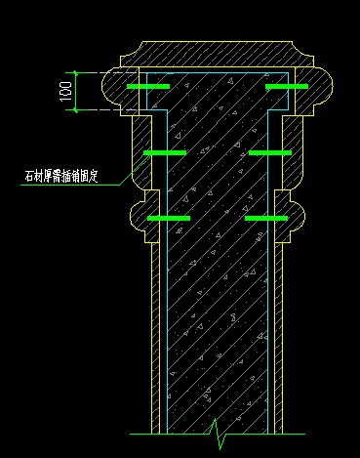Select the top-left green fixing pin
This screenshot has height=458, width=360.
coord(147,88)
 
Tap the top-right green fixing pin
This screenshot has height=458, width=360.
coord(287,88)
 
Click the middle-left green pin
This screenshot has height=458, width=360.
coord(164,153)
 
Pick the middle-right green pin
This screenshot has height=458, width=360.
coord(269,153)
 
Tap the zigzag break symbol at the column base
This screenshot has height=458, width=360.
coord(216,428)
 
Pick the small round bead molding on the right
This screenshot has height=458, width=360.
coord(296,213)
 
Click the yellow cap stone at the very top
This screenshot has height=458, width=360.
coord(217,53)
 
